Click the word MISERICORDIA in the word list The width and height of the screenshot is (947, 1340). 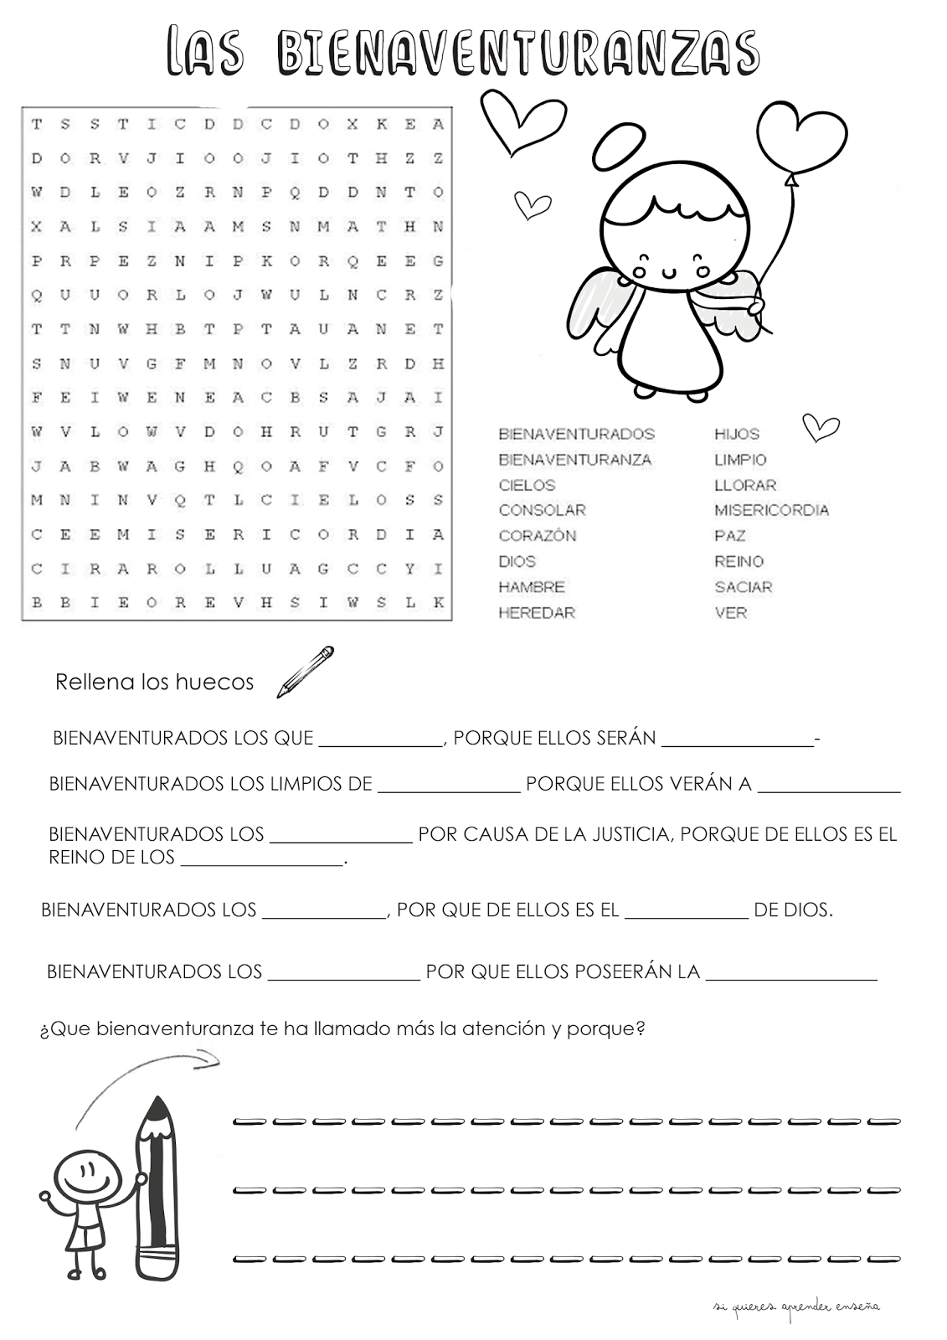(x=771, y=510)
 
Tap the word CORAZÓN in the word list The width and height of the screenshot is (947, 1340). (x=538, y=536)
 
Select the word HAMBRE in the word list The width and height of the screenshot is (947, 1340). (x=532, y=587)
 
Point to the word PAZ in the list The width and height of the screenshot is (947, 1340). (x=730, y=536)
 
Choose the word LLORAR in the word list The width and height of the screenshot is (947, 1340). (x=745, y=485)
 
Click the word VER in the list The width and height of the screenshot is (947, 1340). (x=730, y=613)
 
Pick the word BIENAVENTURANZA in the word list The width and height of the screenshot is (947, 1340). (x=574, y=459)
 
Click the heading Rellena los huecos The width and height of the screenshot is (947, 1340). (x=154, y=683)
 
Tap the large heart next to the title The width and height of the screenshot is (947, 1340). (x=522, y=123)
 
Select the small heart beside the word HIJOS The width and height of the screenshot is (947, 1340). (x=821, y=427)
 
